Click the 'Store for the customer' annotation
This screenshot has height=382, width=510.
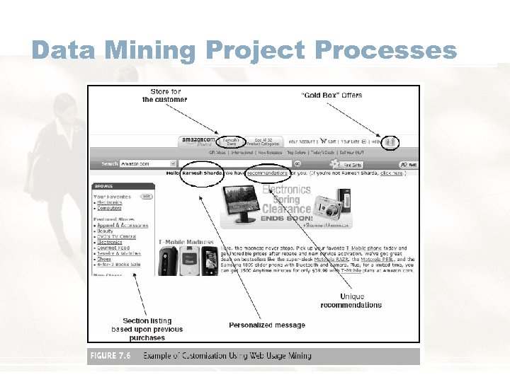click(x=165, y=95)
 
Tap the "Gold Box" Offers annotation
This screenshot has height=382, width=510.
click(x=331, y=95)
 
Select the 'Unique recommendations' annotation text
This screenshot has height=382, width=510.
click(x=351, y=301)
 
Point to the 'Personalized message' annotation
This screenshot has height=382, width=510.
click(x=267, y=325)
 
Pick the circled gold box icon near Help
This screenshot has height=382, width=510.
click(x=389, y=141)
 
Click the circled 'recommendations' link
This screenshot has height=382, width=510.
click(x=267, y=173)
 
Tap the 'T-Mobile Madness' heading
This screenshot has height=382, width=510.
click(x=185, y=242)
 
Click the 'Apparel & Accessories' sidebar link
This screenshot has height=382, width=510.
click(x=123, y=226)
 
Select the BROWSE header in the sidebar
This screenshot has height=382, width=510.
click(x=103, y=187)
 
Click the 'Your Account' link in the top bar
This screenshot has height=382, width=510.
click(x=302, y=141)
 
